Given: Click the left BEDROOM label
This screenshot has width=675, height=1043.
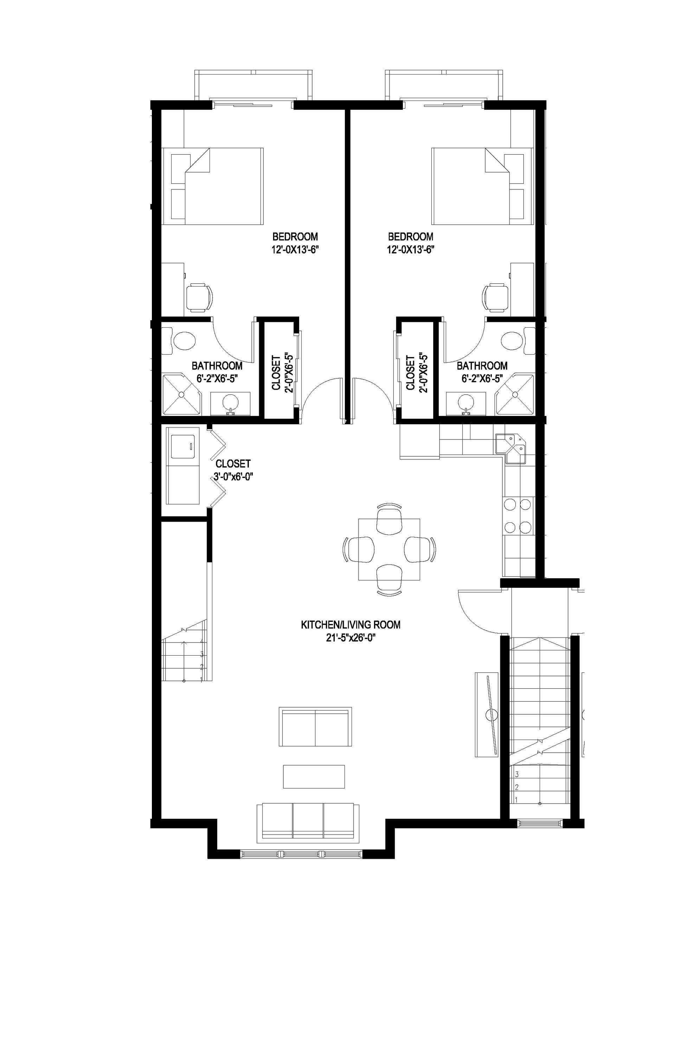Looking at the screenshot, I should (295, 237).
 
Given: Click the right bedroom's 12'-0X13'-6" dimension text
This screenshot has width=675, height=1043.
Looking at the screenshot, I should (410, 250).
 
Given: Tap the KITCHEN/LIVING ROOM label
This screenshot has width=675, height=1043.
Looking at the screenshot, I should (350, 625).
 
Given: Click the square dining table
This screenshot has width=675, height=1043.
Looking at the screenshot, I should (389, 549).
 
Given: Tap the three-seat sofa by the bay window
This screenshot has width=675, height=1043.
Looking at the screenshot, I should (307, 821).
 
